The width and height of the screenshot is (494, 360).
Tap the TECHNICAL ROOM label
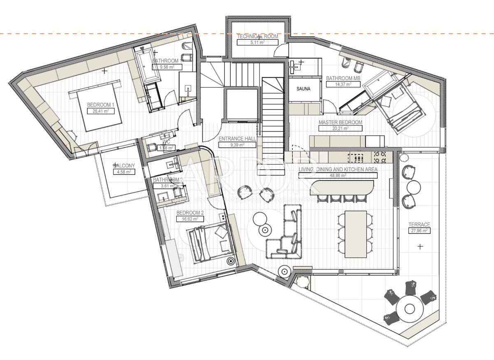click(x=257, y=36)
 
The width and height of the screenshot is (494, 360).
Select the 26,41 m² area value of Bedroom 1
click(x=100, y=111)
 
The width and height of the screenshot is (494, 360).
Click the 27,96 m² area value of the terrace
click(x=419, y=231)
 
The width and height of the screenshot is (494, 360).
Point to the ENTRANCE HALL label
click(x=237, y=139)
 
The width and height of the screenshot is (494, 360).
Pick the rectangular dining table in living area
click(x=355, y=234)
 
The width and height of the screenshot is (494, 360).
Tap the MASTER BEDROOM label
click(x=340, y=122)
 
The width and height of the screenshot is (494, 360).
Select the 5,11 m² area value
click(x=257, y=42)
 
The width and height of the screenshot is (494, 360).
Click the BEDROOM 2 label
click(x=190, y=213)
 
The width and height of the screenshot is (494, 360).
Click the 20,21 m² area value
click(x=340, y=128)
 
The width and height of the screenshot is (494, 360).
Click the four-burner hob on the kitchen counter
click(x=380, y=156)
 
